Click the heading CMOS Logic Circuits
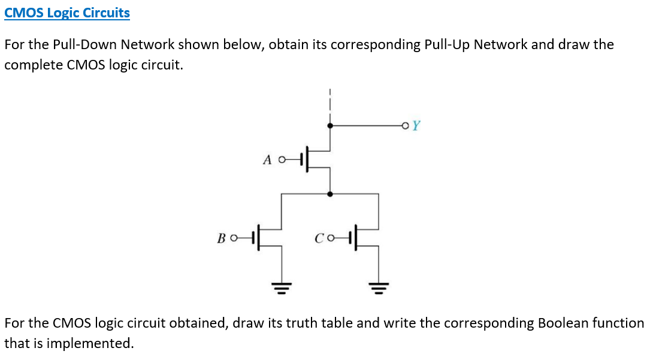[x=66, y=13]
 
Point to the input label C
[x=319, y=240]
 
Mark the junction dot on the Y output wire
[x=330, y=126]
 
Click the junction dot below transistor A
[x=330, y=193]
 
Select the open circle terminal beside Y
[x=407, y=126]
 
